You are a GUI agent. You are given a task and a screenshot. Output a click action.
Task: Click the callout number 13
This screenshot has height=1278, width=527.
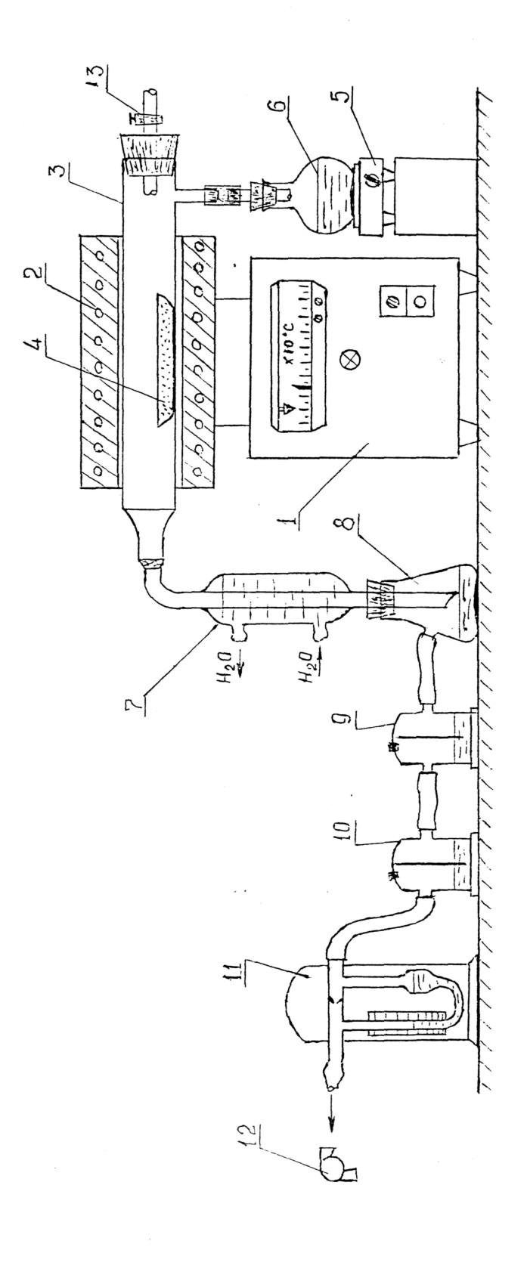point(95,76)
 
